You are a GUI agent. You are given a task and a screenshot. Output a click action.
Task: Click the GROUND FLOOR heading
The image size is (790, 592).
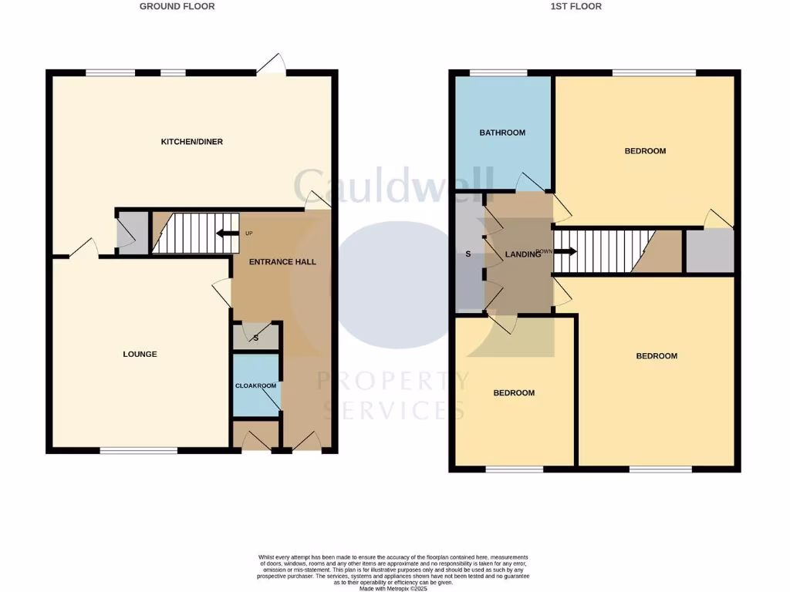point(177,6)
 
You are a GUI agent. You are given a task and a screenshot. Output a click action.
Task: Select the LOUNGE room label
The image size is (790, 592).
point(140,355)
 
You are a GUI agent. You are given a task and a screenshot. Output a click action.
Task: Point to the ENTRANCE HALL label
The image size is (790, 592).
point(282,262)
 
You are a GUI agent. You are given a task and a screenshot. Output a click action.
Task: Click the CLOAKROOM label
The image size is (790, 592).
point(255,385)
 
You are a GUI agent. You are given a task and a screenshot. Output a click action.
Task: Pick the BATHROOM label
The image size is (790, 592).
point(502,133)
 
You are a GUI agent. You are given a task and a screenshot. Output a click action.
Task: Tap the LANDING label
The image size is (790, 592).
point(522,254)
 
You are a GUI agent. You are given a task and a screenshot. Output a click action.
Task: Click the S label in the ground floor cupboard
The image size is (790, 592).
point(255,336)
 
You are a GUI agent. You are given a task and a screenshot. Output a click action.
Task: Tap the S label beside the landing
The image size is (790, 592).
point(468,254)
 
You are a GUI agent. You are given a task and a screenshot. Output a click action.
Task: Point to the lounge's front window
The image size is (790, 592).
point(139,450)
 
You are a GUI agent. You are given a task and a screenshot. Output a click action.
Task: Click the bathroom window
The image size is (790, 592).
point(498,73)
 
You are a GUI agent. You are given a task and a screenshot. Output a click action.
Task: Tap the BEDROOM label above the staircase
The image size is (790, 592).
point(645,151)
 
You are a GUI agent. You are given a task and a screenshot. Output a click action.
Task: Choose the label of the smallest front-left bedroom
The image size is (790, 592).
point(514,393)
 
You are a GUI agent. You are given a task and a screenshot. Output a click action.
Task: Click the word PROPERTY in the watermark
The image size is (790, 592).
point(393,382)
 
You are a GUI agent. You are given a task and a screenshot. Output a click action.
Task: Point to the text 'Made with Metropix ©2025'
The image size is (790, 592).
point(394,587)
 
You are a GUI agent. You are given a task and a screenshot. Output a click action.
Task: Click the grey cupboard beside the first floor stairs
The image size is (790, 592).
point(710,251)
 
